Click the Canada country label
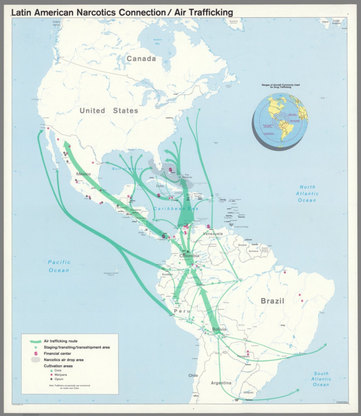pos(141,59)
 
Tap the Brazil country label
pos(272,301)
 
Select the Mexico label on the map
pos(83,174)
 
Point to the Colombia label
pos(189,256)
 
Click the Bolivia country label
pos(219,329)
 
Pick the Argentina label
pos(221,383)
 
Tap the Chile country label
pos(193,375)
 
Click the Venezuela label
pos(213,233)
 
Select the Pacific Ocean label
pos(59,266)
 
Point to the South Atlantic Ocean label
pos(321,379)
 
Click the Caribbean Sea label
pos(176,209)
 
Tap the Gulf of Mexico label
pos(127,169)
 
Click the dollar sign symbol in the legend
pos(36,353)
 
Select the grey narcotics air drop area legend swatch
pos(36,360)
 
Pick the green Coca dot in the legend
pos(51,370)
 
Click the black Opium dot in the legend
pos(51,379)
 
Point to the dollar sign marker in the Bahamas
pos(170,170)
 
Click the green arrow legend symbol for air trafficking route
pos(35,341)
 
